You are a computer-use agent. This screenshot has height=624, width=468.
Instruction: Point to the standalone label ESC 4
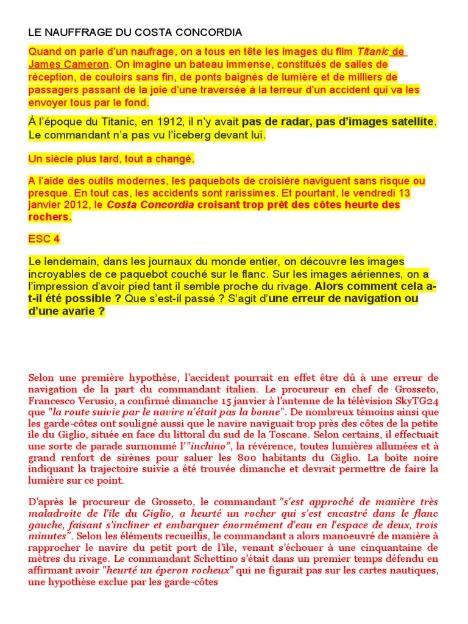click(44, 239)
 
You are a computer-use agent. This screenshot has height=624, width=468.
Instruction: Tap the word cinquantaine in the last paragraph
click(392, 547)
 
